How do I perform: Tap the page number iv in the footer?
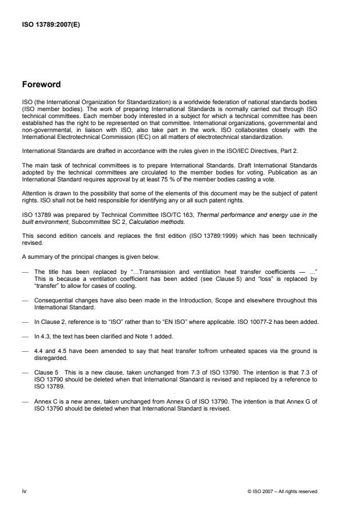pyautogui.click(x=25, y=491)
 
